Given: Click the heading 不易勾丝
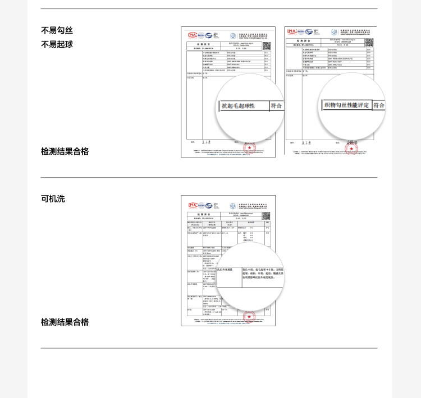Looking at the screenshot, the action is [x=57, y=31].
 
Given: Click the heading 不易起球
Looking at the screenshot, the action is [x=57, y=44].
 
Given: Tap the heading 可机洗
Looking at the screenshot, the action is [x=53, y=198].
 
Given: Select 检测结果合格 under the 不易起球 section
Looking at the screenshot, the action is [x=65, y=151].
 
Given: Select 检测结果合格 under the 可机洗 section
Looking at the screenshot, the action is [x=65, y=322].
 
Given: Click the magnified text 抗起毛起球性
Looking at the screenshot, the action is [x=239, y=105].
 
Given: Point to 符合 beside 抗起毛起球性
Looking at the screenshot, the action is [x=276, y=105].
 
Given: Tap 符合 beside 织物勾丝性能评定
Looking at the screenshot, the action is [x=379, y=105].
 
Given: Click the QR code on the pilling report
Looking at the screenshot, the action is [x=266, y=46].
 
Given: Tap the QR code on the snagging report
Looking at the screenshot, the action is [x=369, y=43].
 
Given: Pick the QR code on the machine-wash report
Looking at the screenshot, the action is [x=266, y=215].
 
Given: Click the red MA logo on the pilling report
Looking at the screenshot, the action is [x=193, y=35].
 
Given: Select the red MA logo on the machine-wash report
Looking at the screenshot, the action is [x=193, y=205].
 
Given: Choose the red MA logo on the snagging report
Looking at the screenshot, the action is [x=292, y=31].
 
